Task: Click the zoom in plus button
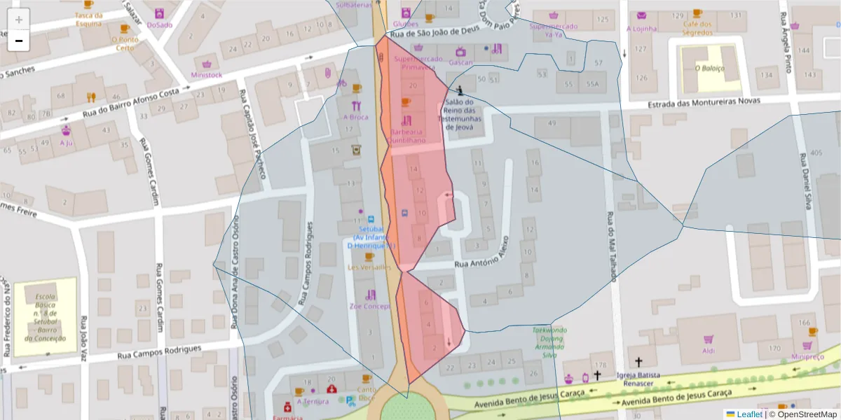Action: (x=19, y=20)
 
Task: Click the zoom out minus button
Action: (x=19, y=41)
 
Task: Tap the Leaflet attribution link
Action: (x=749, y=414)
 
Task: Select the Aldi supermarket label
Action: (x=709, y=350)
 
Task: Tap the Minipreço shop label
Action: (x=807, y=356)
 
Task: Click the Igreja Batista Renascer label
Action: (x=638, y=379)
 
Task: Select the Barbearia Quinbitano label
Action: (x=406, y=136)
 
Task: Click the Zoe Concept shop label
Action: (x=369, y=307)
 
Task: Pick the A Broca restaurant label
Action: (x=356, y=117)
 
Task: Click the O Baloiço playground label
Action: (x=709, y=69)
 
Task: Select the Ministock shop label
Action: (x=206, y=75)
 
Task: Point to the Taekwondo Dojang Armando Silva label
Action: (x=549, y=342)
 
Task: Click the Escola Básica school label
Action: (x=45, y=317)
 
